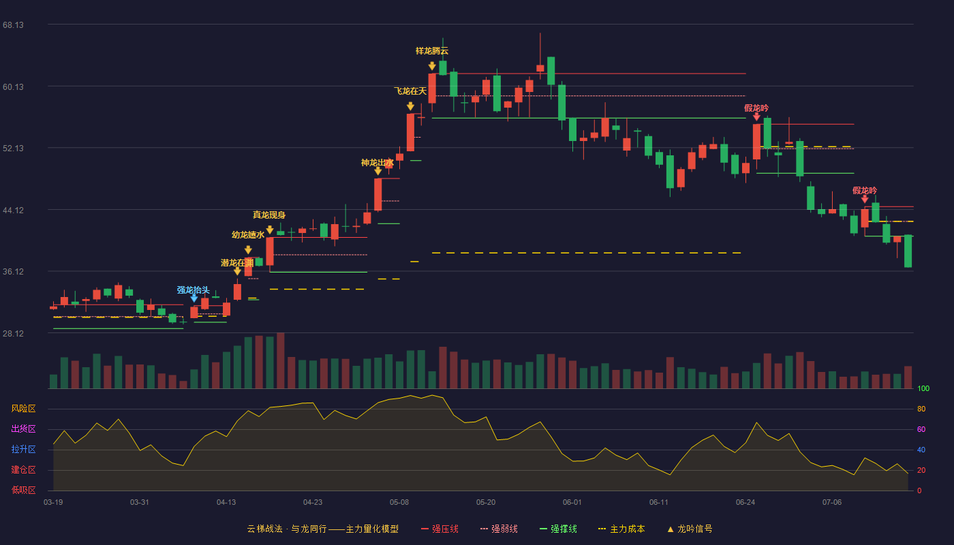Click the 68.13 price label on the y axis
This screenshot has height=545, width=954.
pos(13,25)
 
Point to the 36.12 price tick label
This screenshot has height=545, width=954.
pos(13,272)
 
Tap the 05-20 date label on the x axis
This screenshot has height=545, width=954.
pos(485,503)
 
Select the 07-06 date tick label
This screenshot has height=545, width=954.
pos(832,503)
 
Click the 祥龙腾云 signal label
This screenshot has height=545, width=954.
pos(432,51)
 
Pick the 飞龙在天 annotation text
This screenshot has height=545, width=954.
pos(410,91)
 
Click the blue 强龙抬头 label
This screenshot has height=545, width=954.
pos(194,290)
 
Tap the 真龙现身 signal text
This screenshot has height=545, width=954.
pos(269,215)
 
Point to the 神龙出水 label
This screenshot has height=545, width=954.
pos(378,163)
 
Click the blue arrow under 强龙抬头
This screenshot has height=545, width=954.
pos(194,298)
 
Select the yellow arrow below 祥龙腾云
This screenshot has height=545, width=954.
pos(432,66)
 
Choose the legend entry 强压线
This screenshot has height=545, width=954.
pos(440,529)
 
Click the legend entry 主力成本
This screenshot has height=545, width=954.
pos(621,529)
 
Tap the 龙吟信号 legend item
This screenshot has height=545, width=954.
pos(690,529)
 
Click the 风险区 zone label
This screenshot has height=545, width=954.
pos(23,409)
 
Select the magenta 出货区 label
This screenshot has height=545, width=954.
pos(23,429)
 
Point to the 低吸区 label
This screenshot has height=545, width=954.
pos(23,490)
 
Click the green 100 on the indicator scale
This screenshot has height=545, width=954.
pos(923,388)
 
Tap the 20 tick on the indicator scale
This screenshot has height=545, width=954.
pos(921,470)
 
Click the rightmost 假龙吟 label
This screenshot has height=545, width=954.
pos(865,190)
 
